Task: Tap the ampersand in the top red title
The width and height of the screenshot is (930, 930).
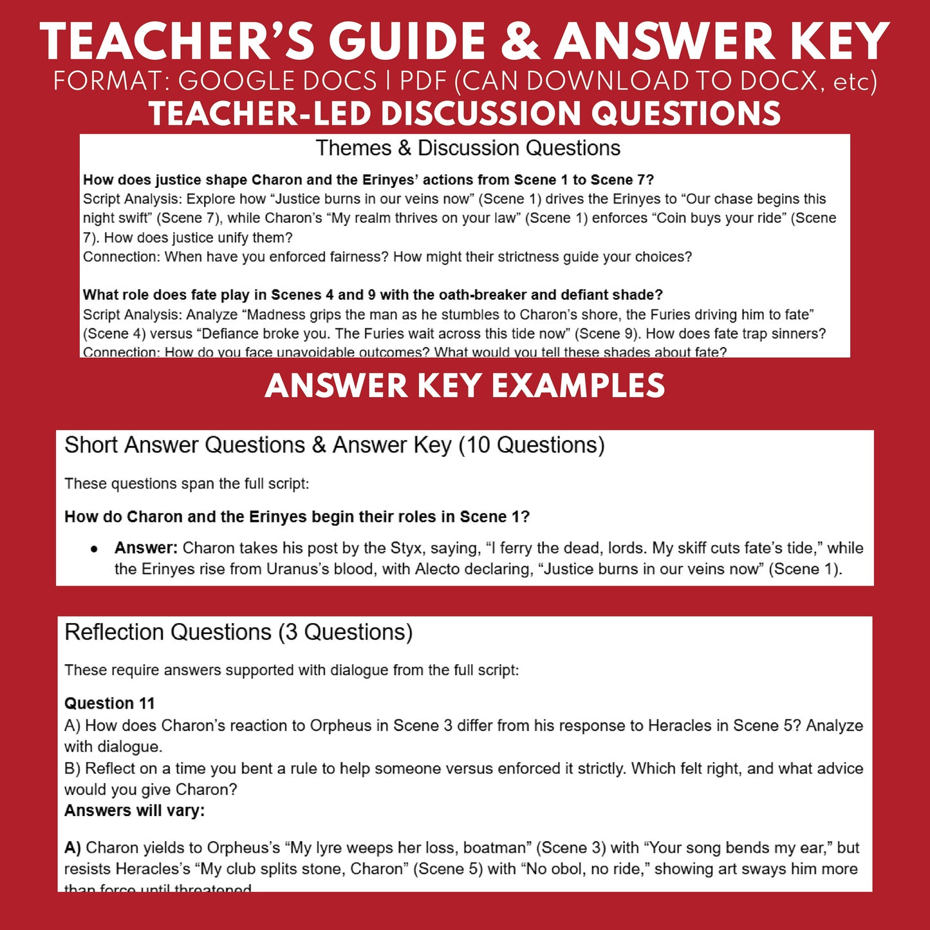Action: pos(521,42)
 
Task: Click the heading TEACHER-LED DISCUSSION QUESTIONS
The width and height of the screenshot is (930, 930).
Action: pos(465,114)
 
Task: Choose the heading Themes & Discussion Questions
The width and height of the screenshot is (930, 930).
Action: pos(468,149)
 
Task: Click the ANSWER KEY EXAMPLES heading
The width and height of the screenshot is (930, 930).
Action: pos(465,386)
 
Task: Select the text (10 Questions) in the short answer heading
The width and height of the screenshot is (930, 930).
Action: pos(532,445)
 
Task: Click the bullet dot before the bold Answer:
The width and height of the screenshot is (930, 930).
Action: pos(94,549)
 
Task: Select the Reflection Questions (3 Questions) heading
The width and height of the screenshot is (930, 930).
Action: pos(238,633)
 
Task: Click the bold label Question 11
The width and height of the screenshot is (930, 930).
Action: pos(109,703)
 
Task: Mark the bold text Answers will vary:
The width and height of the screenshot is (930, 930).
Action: pos(135,811)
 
